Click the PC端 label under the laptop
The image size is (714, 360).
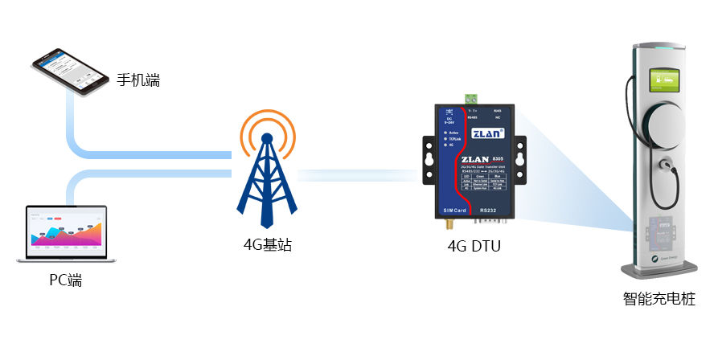click(x=65, y=280)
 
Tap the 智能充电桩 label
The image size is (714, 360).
click(x=659, y=300)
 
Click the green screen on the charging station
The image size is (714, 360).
click(x=664, y=81)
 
